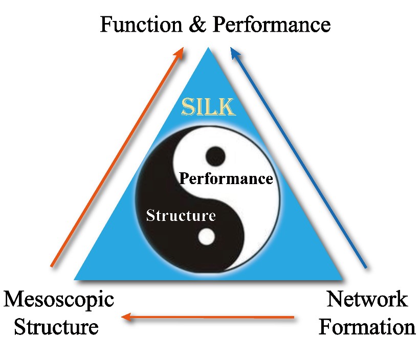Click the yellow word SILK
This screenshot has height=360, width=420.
click(208, 107)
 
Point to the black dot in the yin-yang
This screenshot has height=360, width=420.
click(215, 155)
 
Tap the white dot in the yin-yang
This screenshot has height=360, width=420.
click(207, 236)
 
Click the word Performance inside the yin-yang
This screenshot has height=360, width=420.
click(226, 179)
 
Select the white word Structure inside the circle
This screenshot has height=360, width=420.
click(181, 215)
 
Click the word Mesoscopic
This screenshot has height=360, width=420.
click(59, 299)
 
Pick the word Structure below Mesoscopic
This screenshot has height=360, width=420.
click(56, 326)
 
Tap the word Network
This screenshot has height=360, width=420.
click(367, 299)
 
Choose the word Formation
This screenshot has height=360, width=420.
click(367, 326)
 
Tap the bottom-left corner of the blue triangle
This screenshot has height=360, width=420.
click(76, 279)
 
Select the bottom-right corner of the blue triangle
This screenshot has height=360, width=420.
click(342, 279)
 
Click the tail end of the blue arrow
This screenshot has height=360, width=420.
click(366, 267)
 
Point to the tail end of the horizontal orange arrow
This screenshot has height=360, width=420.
click(294, 318)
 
